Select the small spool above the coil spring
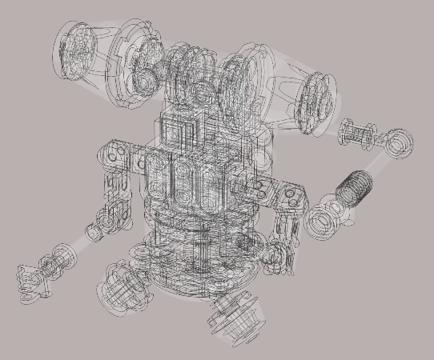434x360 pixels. [356, 133]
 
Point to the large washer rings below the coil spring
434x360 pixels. [325, 222]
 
